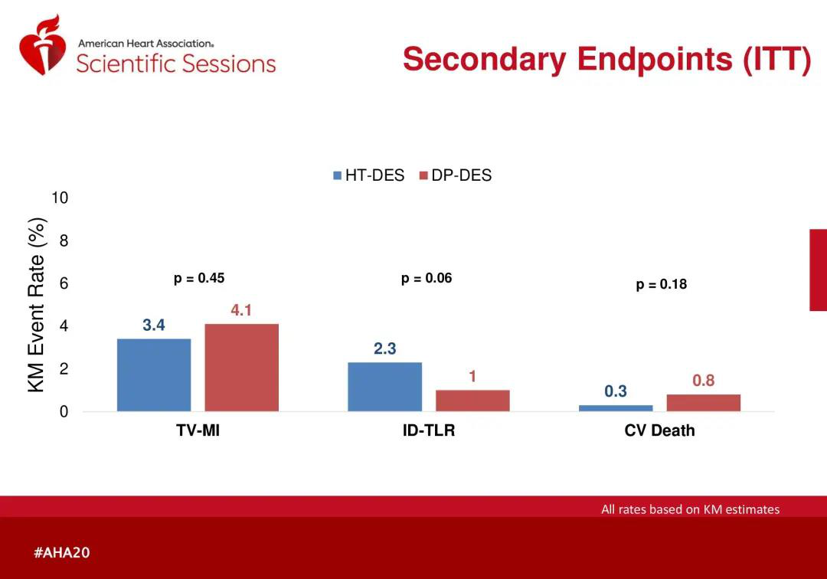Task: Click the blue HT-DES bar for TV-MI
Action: click(x=154, y=375)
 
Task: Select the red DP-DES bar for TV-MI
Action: click(x=241, y=368)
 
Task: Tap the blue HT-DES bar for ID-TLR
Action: click(x=384, y=387)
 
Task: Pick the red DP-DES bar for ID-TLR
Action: click(x=472, y=401)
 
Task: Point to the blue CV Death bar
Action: click(x=616, y=408)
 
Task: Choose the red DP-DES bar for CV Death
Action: click(x=703, y=403)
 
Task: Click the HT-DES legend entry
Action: click(x=368, y=175)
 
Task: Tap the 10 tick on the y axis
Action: click(x=60, y=198)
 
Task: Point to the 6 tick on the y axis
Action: click(x=64, y=283)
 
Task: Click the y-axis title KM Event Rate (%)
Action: click(x=37, y=305)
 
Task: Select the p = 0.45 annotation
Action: click(x=199, y=278)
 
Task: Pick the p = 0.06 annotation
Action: click(x=427, y=278)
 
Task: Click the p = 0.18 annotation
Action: click(x=662, y=284)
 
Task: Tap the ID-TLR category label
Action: click(x=429, y=430)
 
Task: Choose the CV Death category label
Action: click(x=659, y=430)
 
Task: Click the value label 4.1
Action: click(x=241, y=310)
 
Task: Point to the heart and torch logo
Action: click(x=43, y=44)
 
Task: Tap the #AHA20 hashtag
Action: click(x=62, y=552)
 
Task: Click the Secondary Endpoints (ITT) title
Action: click(x=606, y=59)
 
